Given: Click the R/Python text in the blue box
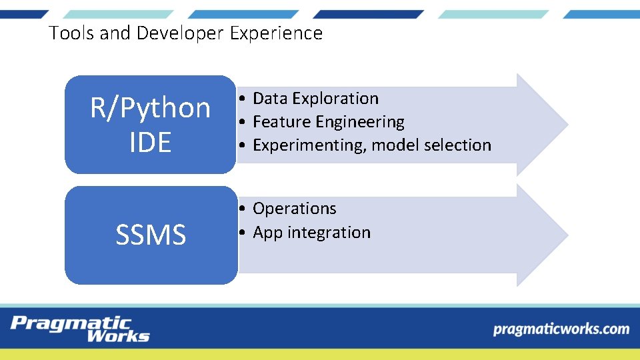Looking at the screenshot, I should pyautogui.click(x=151, y=108).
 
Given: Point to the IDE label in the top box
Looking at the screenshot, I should pyautogui.click(x=151, y=142).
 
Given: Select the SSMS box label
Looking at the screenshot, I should pyautogui.click(x=151, y=235).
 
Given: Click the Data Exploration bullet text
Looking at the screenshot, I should pyautogui.click(x=315, y=99).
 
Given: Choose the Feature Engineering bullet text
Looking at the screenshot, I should pyautogui.click(x=329, y=122).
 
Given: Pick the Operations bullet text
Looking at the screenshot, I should pyautogui.click(x=295, y=209).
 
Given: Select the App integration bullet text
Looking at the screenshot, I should pyautogui.click(x=311, y=233).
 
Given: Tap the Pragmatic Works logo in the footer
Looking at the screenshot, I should pyautogui.click(x=80, y=329).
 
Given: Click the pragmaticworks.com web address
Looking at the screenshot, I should pyautogui.click(x=561, y=329).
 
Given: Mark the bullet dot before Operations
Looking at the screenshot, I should pyautogui.click(x=244, y=209).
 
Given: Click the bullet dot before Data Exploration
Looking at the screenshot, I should pyautogui.click(x=244, y=99).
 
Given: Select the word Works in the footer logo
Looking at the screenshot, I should pyautogui.click(x=118, y=336).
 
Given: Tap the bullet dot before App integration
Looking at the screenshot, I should pyautogui.click(x=244, y=233).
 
